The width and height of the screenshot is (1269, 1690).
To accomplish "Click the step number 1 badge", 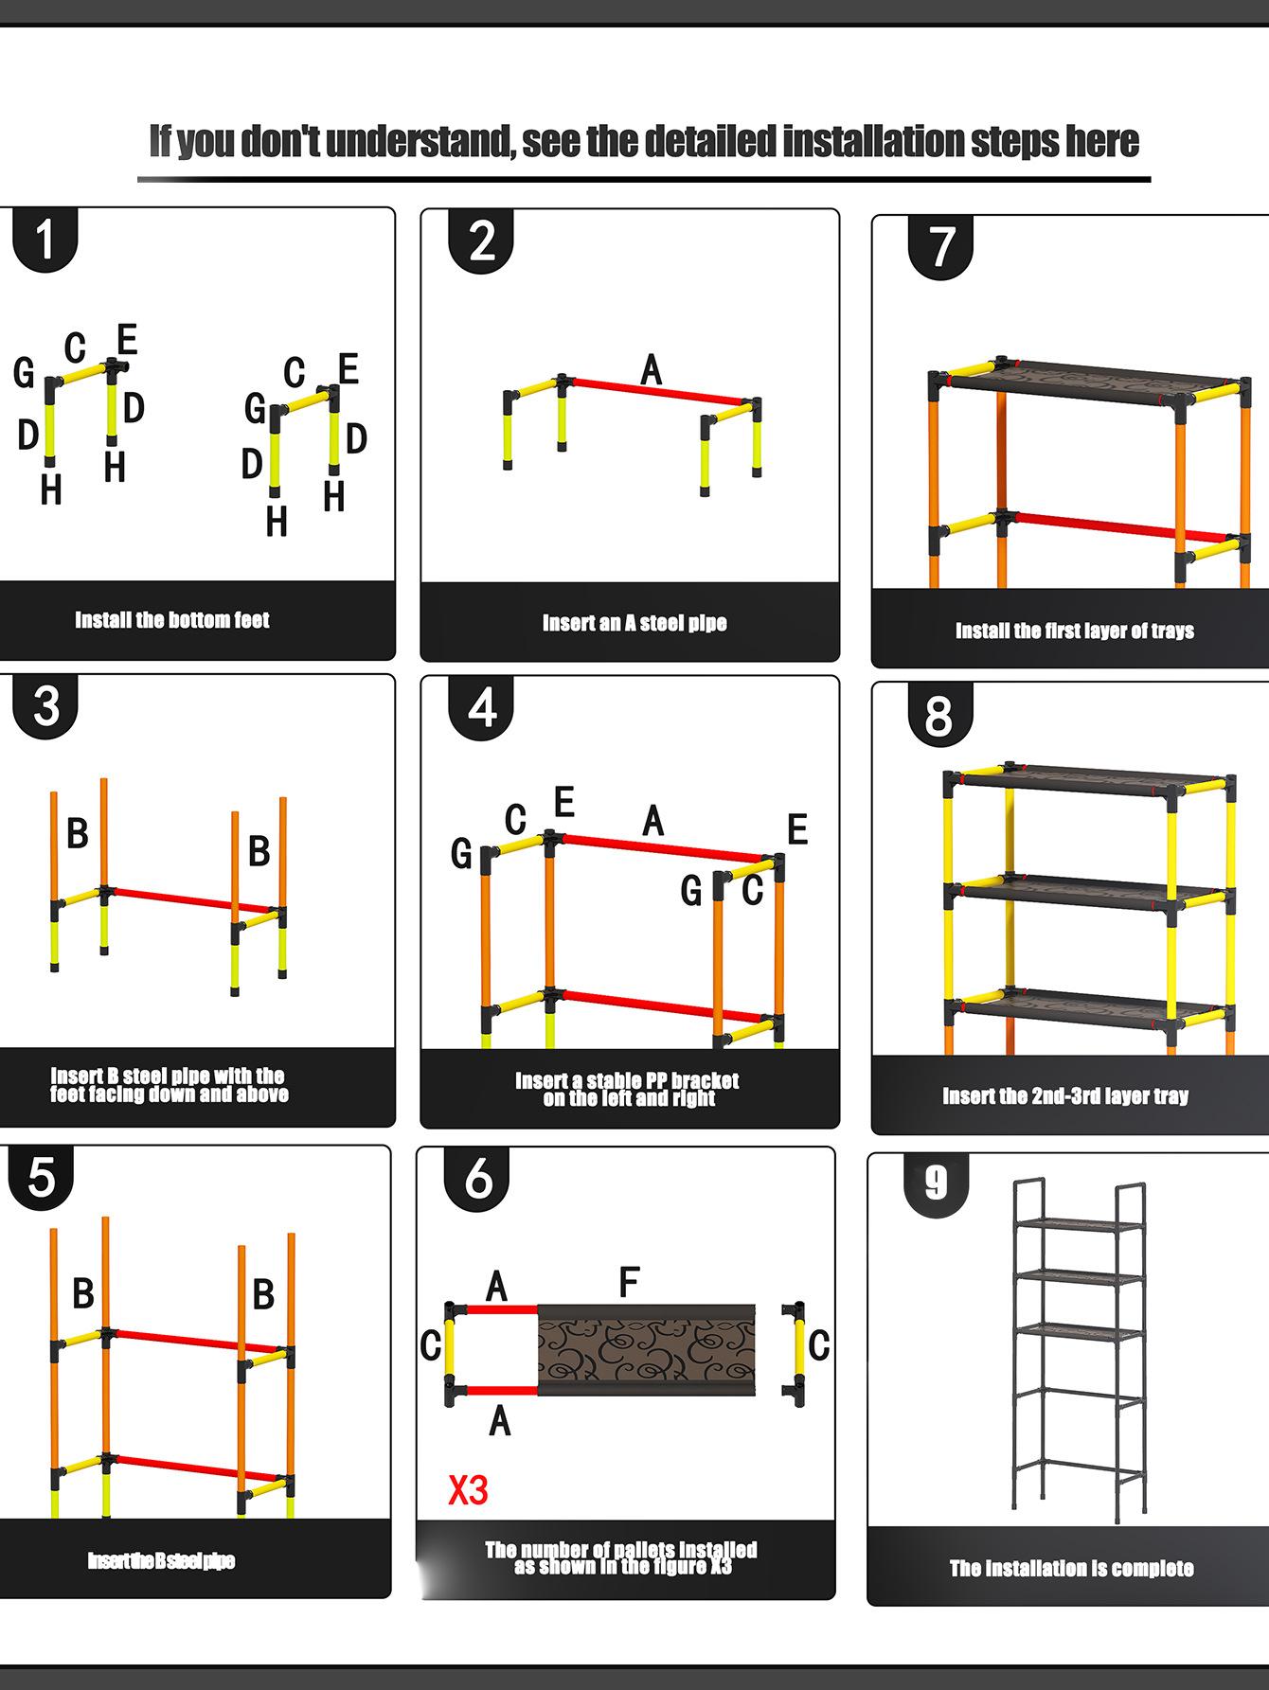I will pos(45,240).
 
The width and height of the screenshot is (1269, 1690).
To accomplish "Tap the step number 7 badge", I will pos(939,246).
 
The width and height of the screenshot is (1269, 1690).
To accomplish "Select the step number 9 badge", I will pos(936,1183).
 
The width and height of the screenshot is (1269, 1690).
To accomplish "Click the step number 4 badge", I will pos(482,707).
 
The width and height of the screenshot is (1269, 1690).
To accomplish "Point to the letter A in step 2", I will pos(651,369).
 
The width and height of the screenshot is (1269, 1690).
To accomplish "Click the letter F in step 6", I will pos(629,1283).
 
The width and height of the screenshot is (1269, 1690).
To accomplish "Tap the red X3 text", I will pos(468,1490).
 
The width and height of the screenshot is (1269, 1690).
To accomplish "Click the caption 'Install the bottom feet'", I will pos(172,620).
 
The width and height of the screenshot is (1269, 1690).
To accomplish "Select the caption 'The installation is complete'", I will pos(1071,1569).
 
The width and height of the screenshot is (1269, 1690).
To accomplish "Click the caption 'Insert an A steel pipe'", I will pos(634,623).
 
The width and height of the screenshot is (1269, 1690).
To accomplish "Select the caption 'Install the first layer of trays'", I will pos(1074,631).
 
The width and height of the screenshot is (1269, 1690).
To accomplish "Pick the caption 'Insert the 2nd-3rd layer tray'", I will pos(1065,1095).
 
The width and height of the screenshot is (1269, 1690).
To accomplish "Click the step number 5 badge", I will pos(42,1178).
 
